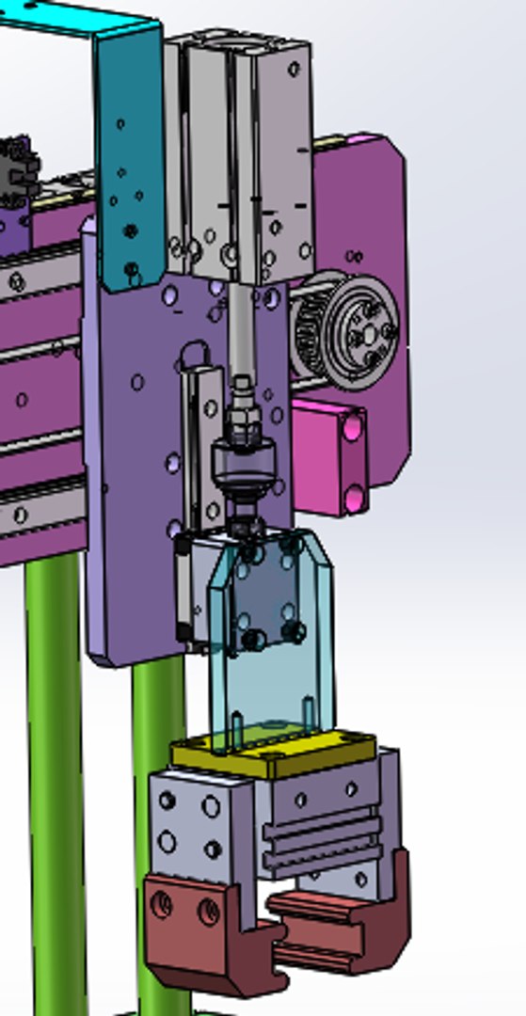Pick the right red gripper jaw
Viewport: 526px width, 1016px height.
(348, 917)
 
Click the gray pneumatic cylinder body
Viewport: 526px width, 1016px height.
(240, 151)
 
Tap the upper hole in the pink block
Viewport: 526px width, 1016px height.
(352, 428)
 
